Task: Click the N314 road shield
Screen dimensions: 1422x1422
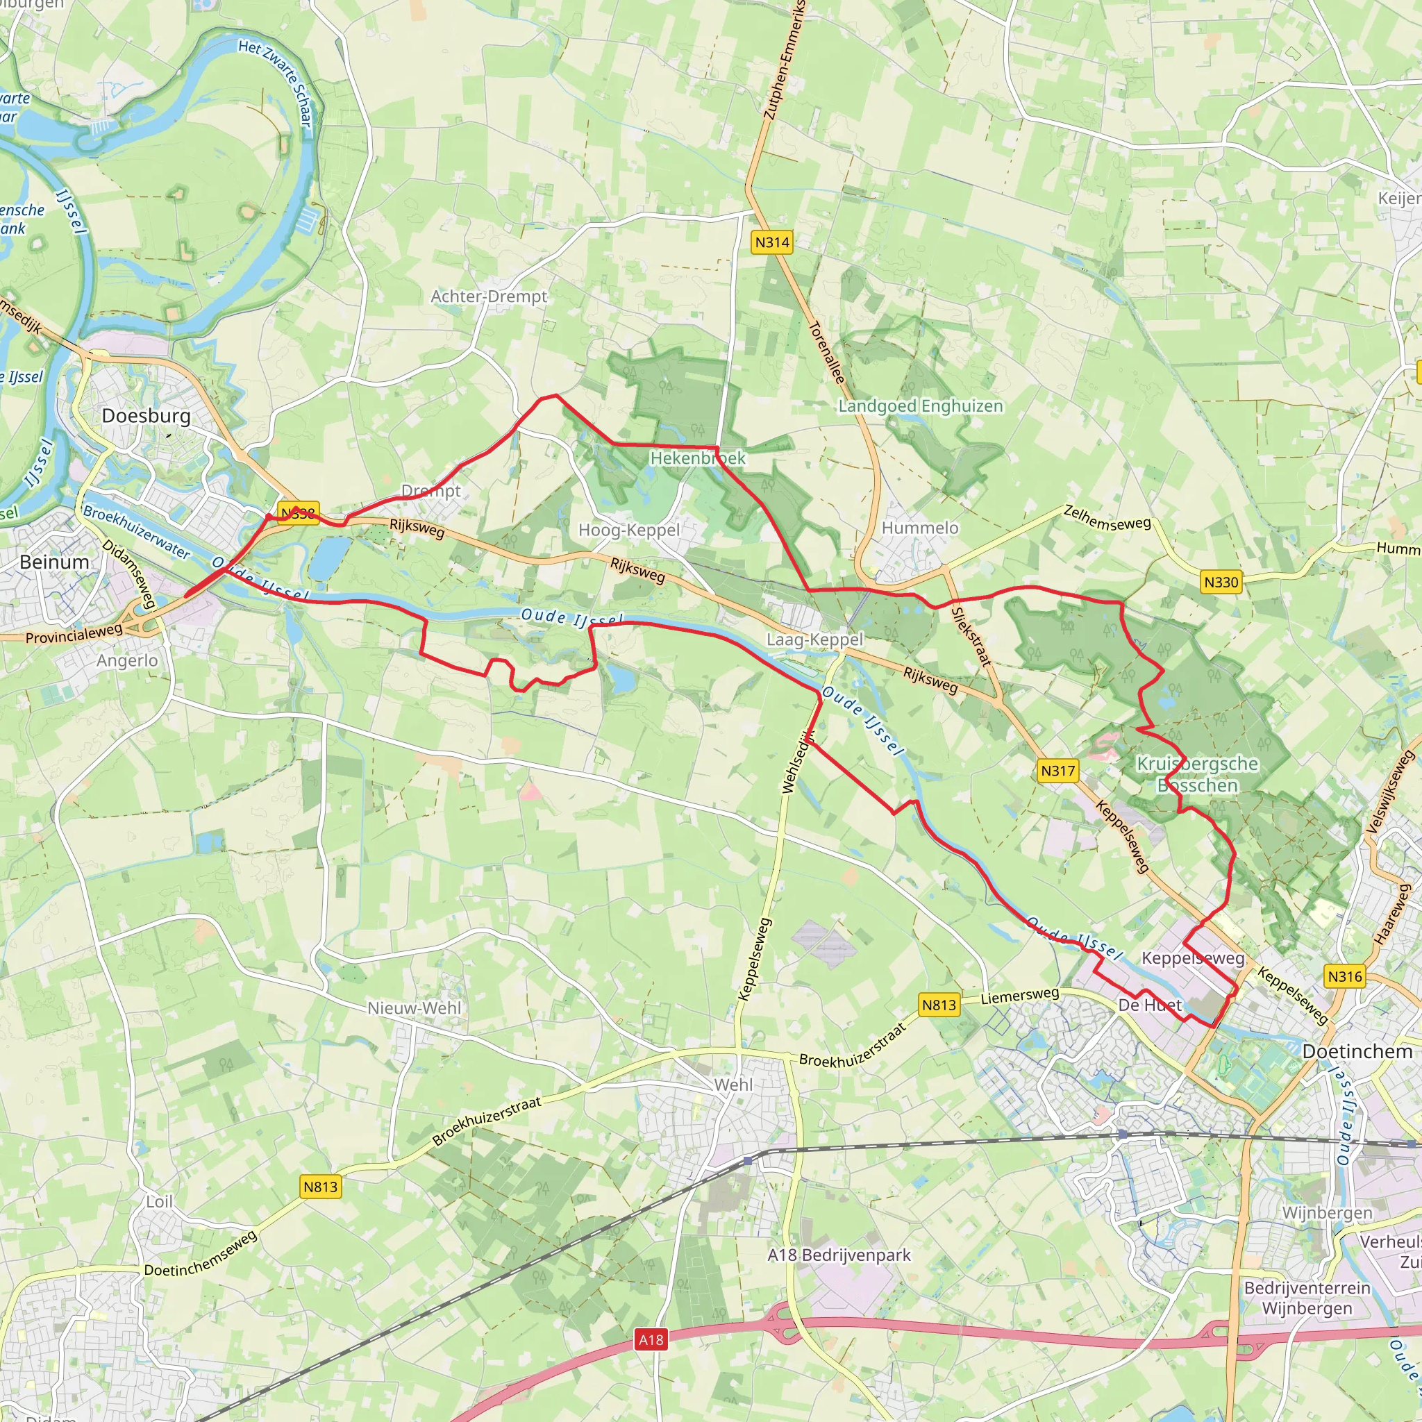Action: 771,242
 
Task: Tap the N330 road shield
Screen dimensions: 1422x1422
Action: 1221,582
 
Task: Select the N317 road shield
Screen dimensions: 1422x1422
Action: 1057,771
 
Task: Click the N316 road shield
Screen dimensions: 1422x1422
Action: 1345,976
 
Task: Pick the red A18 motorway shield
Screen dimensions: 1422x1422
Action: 651,1339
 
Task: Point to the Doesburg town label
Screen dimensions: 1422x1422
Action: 146,416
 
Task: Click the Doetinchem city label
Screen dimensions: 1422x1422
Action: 1357,1051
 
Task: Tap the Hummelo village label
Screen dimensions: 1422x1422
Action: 920,528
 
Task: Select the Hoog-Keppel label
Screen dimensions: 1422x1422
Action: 629,530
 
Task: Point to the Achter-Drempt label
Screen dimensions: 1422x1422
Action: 489,296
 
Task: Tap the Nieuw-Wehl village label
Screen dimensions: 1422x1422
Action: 415,1007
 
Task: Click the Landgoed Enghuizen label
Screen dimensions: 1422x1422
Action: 921,406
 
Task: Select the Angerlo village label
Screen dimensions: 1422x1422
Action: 127,660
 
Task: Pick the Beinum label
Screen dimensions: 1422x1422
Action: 54,562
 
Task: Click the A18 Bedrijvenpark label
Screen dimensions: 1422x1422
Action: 839,1255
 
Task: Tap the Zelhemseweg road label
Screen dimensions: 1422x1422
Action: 1107,517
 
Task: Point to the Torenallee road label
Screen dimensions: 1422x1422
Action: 826,352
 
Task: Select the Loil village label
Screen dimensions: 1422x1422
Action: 159,1201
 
